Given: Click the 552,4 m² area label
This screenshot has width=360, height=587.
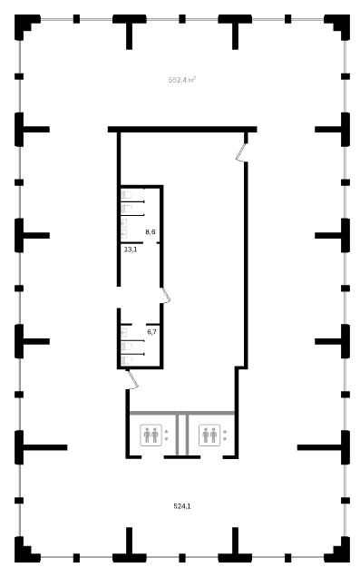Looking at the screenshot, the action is pyautogui.click(x=182, y=80).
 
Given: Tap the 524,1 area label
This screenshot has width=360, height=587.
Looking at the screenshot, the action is pyautogui.click(x=182, y=506).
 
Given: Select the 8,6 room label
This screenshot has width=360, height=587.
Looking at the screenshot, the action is pyautogui.click(x=151, y=232).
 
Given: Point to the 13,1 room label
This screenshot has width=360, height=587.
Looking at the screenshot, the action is pyautogui.click(x=131, y=249).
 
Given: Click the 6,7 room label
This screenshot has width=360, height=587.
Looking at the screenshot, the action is pyautogui.click(x=151, y=332).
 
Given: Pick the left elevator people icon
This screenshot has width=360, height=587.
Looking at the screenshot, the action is pyautogui.click(x=151, y=435).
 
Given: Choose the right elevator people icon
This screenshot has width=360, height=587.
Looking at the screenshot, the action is pyautogui.click(x=209, y=435).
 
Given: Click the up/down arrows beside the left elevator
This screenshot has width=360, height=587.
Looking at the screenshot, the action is pyautogui.click(x=166, y=435).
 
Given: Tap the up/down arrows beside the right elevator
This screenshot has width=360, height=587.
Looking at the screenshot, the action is pyautogui.click(x=225, y=435).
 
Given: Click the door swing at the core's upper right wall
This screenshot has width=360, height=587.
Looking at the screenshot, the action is pyautogui.click(x=241, y=152).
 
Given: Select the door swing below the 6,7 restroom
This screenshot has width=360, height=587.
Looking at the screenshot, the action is pyautogui.click(x=133, y=379).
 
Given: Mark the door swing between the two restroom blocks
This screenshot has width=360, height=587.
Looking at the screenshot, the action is pyautogui.click(x=165, y=295).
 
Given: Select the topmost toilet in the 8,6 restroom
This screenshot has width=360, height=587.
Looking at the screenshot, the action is pyautogui.click(x=126, y=195).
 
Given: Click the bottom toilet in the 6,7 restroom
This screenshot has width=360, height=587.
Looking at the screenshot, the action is pyautogui.click(x=126, y=360).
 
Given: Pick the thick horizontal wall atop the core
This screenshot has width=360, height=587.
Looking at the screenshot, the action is pyautogui.click(x=182, y=129).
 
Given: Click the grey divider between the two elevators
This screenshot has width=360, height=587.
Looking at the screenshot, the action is pyautogui.click(x=182, y=435).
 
